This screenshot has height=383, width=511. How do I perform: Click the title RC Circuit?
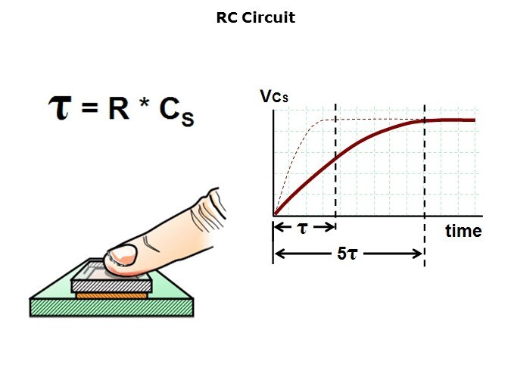(256, 17)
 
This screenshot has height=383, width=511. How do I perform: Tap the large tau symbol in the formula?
(60, 108)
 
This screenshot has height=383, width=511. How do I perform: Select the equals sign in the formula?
(89, 107)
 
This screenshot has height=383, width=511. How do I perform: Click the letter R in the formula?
(119, 108)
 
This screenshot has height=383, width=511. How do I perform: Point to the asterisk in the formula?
(144, 103)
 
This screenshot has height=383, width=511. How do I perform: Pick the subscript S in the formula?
(188, 119)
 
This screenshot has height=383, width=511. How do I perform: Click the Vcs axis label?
(274, 96)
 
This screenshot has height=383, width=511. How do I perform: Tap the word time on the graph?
(463, 231)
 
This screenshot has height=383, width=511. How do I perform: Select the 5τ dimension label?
(347, 254)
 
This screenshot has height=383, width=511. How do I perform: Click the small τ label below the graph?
(303, 229)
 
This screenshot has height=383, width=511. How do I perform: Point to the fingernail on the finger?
(123, 254)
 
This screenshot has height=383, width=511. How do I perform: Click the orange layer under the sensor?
(111, 296)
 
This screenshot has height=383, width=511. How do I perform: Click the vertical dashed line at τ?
(335, 160)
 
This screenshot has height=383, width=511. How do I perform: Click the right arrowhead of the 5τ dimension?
(418, 254)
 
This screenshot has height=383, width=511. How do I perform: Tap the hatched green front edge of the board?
(111, 307)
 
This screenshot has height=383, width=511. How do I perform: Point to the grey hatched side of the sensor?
(111, 286)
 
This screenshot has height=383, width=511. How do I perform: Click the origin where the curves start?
(274, 215)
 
